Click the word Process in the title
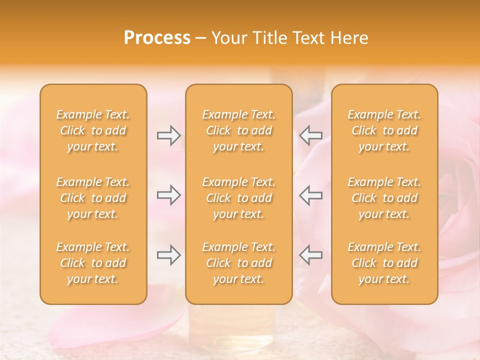(157, 38)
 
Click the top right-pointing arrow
(168, 135)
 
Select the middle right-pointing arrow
(168, 195)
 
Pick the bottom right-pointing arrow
(168, 255)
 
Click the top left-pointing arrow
(311, 135)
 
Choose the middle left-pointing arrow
(311, 195)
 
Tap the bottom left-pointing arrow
(311, 255)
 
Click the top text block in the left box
(93, 130)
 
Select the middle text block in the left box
(93, 198)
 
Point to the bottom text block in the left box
(93, 263)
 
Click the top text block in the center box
(239, 130)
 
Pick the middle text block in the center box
(239, 198)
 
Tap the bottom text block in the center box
(239, 263)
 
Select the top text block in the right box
(384, 130)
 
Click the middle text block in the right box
(384, 198)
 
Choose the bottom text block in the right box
(384, 263)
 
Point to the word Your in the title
(228, 38)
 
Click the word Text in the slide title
(310, 38)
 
